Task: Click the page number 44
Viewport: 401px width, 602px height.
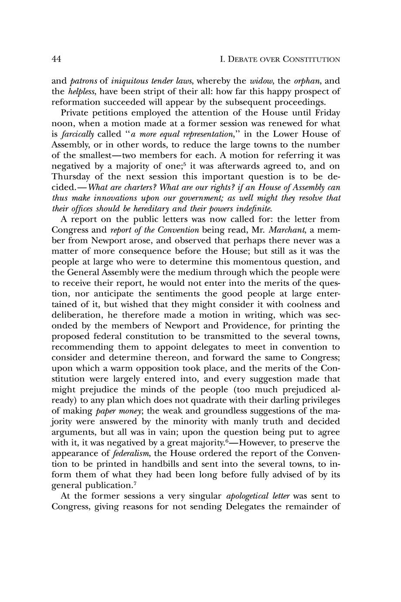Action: click(57, 58)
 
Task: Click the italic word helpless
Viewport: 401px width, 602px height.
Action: click(80, 92)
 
